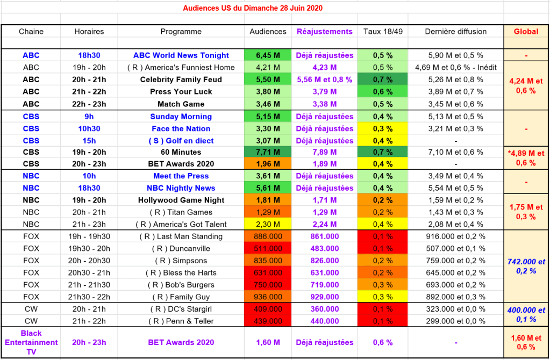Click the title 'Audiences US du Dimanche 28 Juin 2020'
pos(253,9)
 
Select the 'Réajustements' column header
pos(325,32)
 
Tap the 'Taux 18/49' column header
pos(383,32)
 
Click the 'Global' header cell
pos(526,32)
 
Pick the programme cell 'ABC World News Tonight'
pos(181,55)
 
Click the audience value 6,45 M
pos(268,55)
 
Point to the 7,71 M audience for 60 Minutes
pos(268,152)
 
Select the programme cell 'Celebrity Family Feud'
pos(181,80)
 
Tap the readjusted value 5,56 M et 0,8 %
pos(325,80)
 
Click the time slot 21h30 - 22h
pos(89,297)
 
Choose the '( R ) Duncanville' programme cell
pos(181,249)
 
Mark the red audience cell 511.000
pos(268,249)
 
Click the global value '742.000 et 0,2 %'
pos(526,267)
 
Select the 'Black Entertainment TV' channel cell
pos(31,342)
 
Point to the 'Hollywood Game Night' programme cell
pos(181,200)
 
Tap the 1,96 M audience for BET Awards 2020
pos(268,164)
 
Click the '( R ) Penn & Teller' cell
pos(181,321)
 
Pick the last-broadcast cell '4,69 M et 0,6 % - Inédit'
pos(456,68)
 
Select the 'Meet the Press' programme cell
pos(181,176)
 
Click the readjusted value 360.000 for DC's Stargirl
pos(325,309)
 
